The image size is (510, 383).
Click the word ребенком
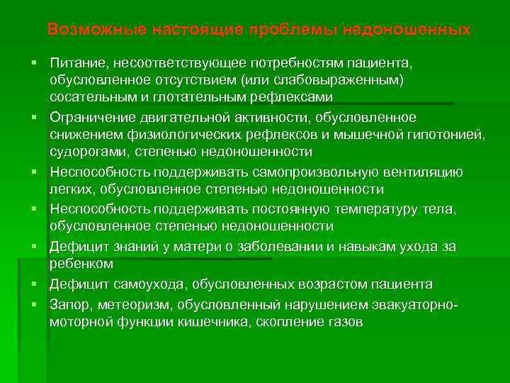point(81,264)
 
